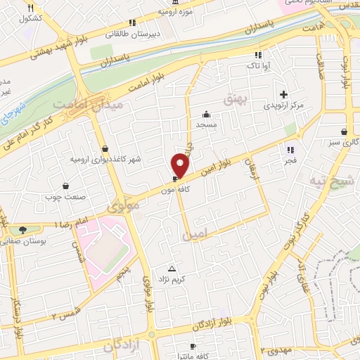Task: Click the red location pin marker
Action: tap(181, 165)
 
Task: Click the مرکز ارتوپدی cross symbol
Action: tap(284, 94)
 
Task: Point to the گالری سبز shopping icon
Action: tap(343, 131)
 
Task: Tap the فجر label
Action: tap(290, 160)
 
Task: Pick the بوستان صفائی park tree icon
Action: tap(23, 230)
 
